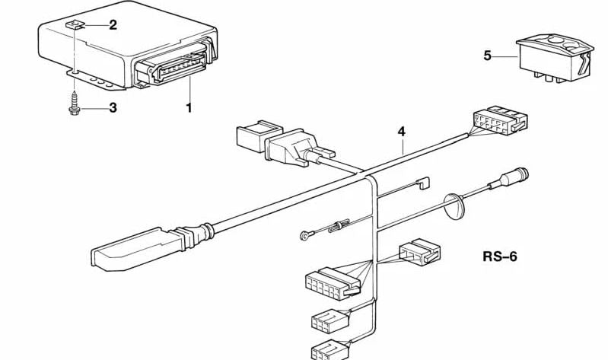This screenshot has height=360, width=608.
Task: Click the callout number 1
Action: pos(189,107)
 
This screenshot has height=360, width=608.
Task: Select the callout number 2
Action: pos(113,25)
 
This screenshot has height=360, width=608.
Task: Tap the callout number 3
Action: pos(113,107)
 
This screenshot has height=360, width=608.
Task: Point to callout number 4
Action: pos(401,132)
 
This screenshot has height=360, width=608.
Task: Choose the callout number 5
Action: pos(488,55)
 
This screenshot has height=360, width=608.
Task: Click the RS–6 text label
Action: pos(499,256)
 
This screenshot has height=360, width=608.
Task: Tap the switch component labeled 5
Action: pos(555,56)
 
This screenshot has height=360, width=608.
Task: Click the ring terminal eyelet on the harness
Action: pos(305,235)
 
